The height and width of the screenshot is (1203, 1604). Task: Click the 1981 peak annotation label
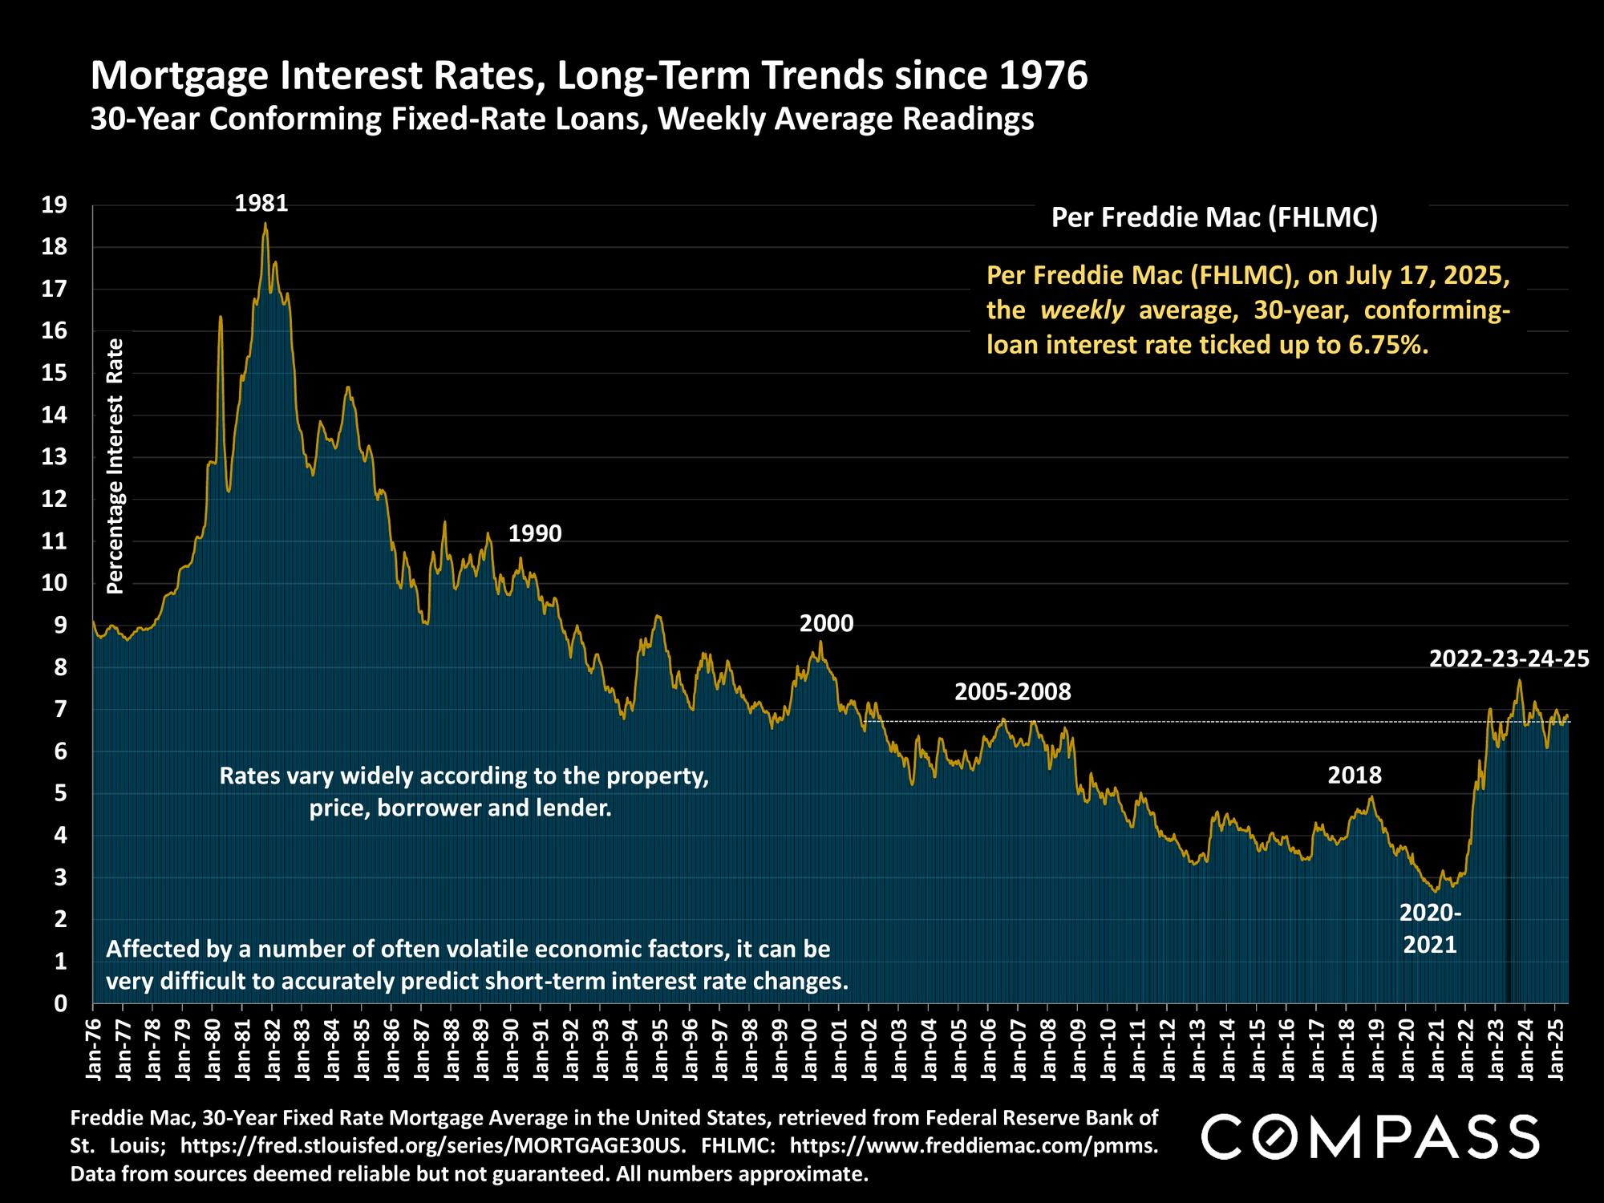(261, 204)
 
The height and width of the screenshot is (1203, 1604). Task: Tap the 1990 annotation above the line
(535, 533)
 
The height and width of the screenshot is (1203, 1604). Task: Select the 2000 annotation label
(826, 624)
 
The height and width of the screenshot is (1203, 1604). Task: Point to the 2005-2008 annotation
(1012, 691)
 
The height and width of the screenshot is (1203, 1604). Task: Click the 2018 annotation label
(1355, 775)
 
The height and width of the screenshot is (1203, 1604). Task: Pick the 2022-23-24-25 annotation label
(1509, 658)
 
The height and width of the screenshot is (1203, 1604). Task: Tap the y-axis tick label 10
(54, 583)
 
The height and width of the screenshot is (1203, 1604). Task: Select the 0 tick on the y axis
(60, 1003)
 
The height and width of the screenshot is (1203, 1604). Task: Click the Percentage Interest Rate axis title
(115, 465)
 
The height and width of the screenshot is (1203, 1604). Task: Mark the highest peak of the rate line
(265, 224)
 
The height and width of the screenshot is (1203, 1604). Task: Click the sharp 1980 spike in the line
(221, 318)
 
